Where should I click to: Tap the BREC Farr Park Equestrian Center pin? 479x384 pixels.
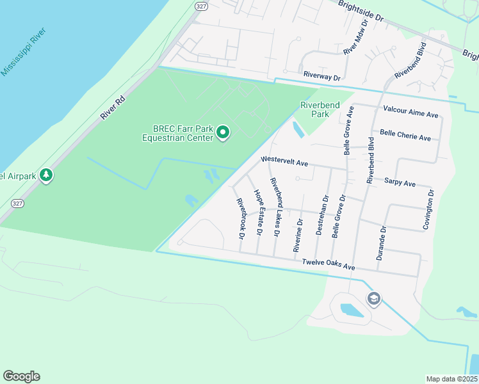(x=223, y=132)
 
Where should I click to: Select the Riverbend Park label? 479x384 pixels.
(x=314, y=109)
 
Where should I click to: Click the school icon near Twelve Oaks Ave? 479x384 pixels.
(x=373, y=298)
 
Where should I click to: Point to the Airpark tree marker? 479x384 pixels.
(x=45, y=175)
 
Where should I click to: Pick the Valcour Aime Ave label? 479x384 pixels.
(x=410, y=111)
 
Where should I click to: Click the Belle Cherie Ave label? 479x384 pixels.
(x=405, y=134)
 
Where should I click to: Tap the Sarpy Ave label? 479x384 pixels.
(x=400, y=182)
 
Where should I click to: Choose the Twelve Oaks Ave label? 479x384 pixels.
(x=328, y=263)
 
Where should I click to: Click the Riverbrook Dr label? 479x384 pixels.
(x=241, y=218)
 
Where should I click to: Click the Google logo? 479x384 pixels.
(x=21, y=376)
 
